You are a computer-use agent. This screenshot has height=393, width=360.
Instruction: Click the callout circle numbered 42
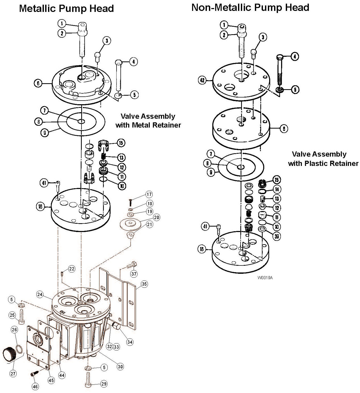pyautogui.click(x=202, y=80)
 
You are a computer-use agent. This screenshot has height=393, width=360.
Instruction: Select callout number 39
pyautogui.click(x=277, y=236)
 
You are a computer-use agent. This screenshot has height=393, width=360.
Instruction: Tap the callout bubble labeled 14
pyautogui.click(x=277, y=189)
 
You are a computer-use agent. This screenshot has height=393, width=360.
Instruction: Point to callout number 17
pyautogui.click(x=149, y=194)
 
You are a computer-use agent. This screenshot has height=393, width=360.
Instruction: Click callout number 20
pyautogui.click(x=157, y=217)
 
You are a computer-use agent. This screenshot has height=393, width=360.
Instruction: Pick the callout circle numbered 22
pyautogui.click(x=72, y=269)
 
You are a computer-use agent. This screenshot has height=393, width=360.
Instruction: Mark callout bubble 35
pyautogui.click(x=144, y=284)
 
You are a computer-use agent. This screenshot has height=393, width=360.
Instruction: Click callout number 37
pyautogui.click(x=134, y=274)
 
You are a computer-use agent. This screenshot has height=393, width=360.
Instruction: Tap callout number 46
pyautogui.click(x=36, y=387)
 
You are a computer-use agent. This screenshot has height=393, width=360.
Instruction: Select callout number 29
pyautogui.click(x=104, y=384)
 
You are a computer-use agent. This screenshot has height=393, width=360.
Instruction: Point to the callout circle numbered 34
pyautogui.click(x=130, y=342)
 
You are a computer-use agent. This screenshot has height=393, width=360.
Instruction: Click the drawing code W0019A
pyautogui.click(x=265, y=278)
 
